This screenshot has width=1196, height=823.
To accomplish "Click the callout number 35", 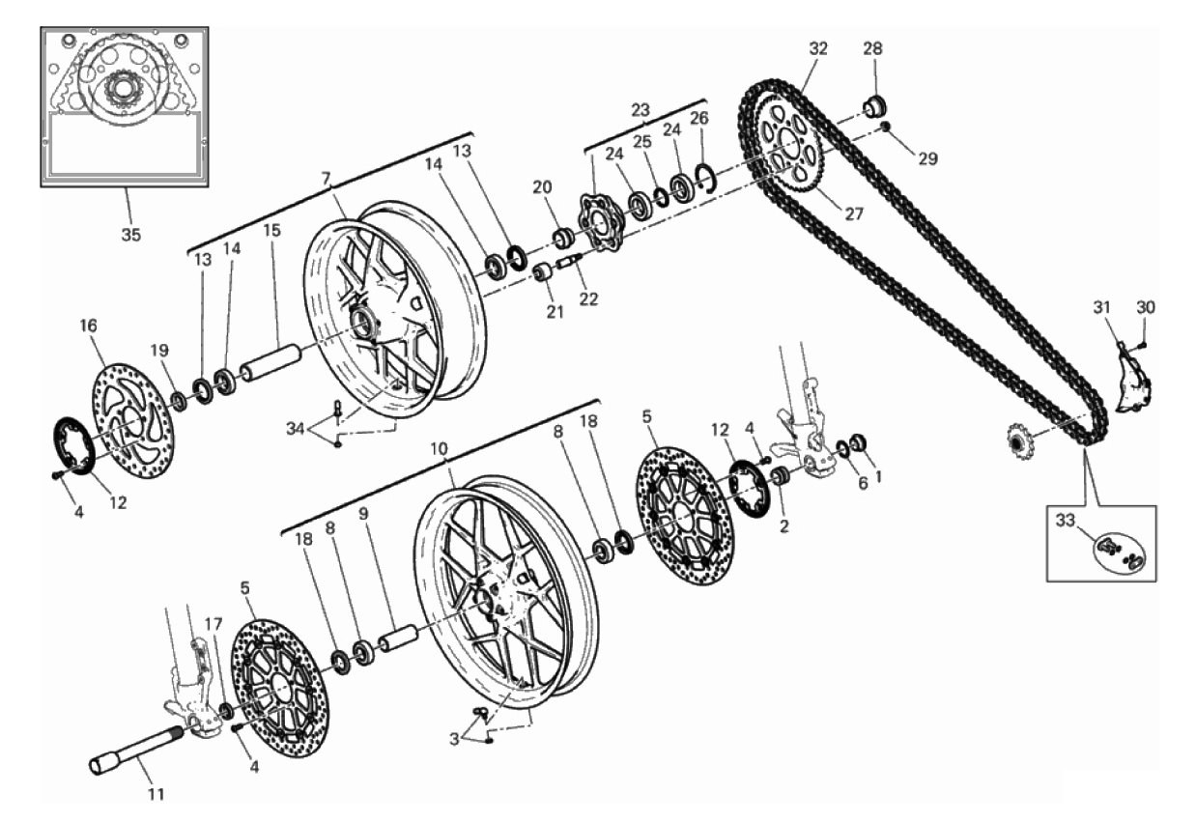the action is (x=131, y=235).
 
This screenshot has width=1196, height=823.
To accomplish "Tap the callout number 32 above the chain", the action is (x=817, y=48).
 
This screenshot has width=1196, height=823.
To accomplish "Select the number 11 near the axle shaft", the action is (x=156, y=794).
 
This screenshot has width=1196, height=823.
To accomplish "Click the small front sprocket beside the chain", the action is (x=1019, y=440).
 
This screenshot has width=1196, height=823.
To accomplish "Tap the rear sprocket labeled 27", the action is (x=787, y=143).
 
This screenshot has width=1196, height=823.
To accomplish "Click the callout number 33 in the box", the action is (x=1065, y=521).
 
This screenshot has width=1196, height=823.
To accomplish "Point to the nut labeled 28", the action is (x=874, y=105).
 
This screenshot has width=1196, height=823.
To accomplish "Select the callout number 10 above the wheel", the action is (x=439, y=449).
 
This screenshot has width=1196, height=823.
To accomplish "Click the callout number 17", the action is (x=214, y=623).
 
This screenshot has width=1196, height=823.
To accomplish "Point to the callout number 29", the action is (x=927, y=158).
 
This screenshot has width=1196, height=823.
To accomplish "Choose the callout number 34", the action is (x=296, y=428).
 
